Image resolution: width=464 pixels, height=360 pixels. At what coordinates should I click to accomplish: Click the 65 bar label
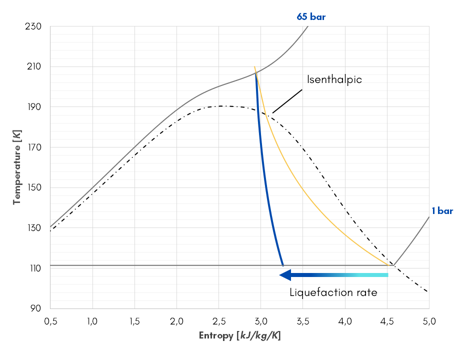point(311,16)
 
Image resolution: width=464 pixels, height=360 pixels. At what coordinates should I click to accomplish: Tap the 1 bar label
point(442,211)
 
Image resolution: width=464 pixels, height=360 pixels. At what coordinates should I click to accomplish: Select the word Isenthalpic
point(334,79)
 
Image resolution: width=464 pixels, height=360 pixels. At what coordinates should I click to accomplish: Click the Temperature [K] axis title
point(17,167)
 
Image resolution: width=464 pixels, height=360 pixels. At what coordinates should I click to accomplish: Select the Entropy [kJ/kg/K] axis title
point(239,335)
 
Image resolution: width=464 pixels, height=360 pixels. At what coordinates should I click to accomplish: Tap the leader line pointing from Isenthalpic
point(287,101)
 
